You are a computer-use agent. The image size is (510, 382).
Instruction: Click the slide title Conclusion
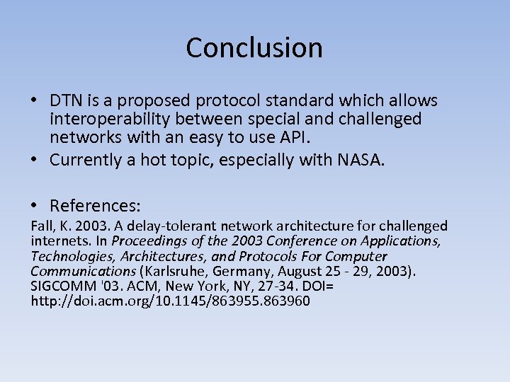254,48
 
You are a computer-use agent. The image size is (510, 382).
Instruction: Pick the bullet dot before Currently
35,160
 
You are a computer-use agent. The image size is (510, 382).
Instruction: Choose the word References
95,207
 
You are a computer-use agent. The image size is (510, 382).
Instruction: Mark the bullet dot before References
35,206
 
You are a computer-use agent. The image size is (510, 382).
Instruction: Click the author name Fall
42,226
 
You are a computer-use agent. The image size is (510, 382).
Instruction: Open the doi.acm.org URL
170,301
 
